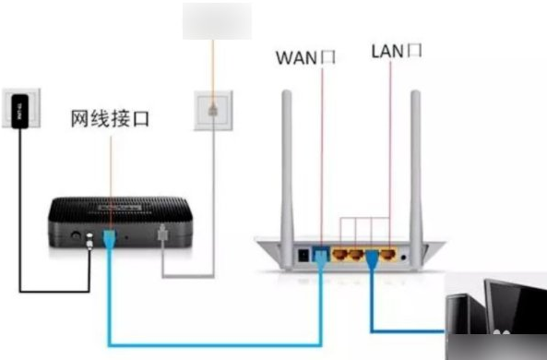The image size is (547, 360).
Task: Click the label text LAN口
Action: (396, 50)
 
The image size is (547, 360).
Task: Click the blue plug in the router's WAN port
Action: (320, 253)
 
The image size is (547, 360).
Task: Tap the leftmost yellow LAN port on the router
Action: (339, 251)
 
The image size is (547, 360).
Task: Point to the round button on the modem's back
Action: (73, 236)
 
